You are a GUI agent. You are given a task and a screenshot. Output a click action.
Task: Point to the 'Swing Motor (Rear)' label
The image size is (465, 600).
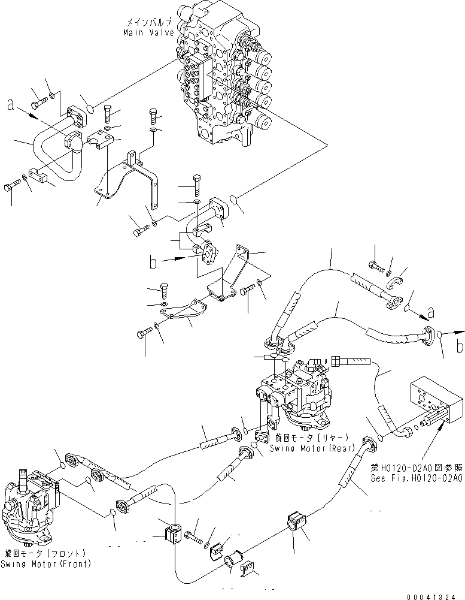click(x=312, y=448)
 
